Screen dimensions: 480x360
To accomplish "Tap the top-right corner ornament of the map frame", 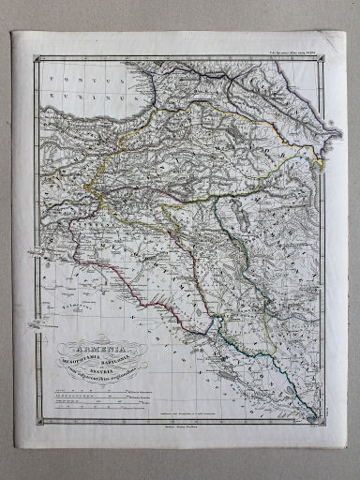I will click(x=323, y=59).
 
